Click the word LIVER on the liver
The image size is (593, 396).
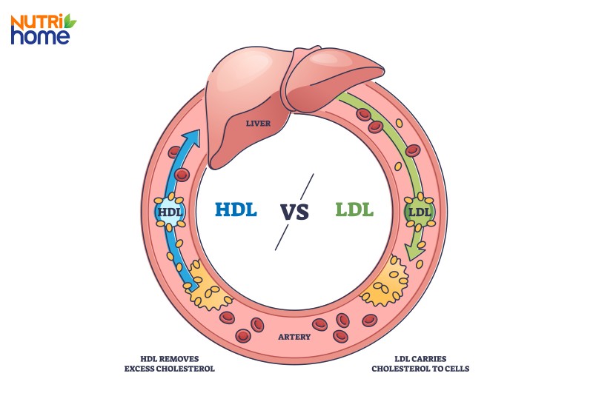point(258,123)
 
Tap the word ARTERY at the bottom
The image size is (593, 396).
point(294,337)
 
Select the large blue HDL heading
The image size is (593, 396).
point(236,209)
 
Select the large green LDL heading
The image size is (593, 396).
point(354,209)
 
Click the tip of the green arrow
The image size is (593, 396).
point(415,263)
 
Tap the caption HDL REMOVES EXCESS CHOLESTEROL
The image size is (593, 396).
point(169,363)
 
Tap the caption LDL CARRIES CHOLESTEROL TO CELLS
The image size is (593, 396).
point(420,363)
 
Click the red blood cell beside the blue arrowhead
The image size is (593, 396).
point(176,151)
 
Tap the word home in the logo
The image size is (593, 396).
point(40,36)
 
